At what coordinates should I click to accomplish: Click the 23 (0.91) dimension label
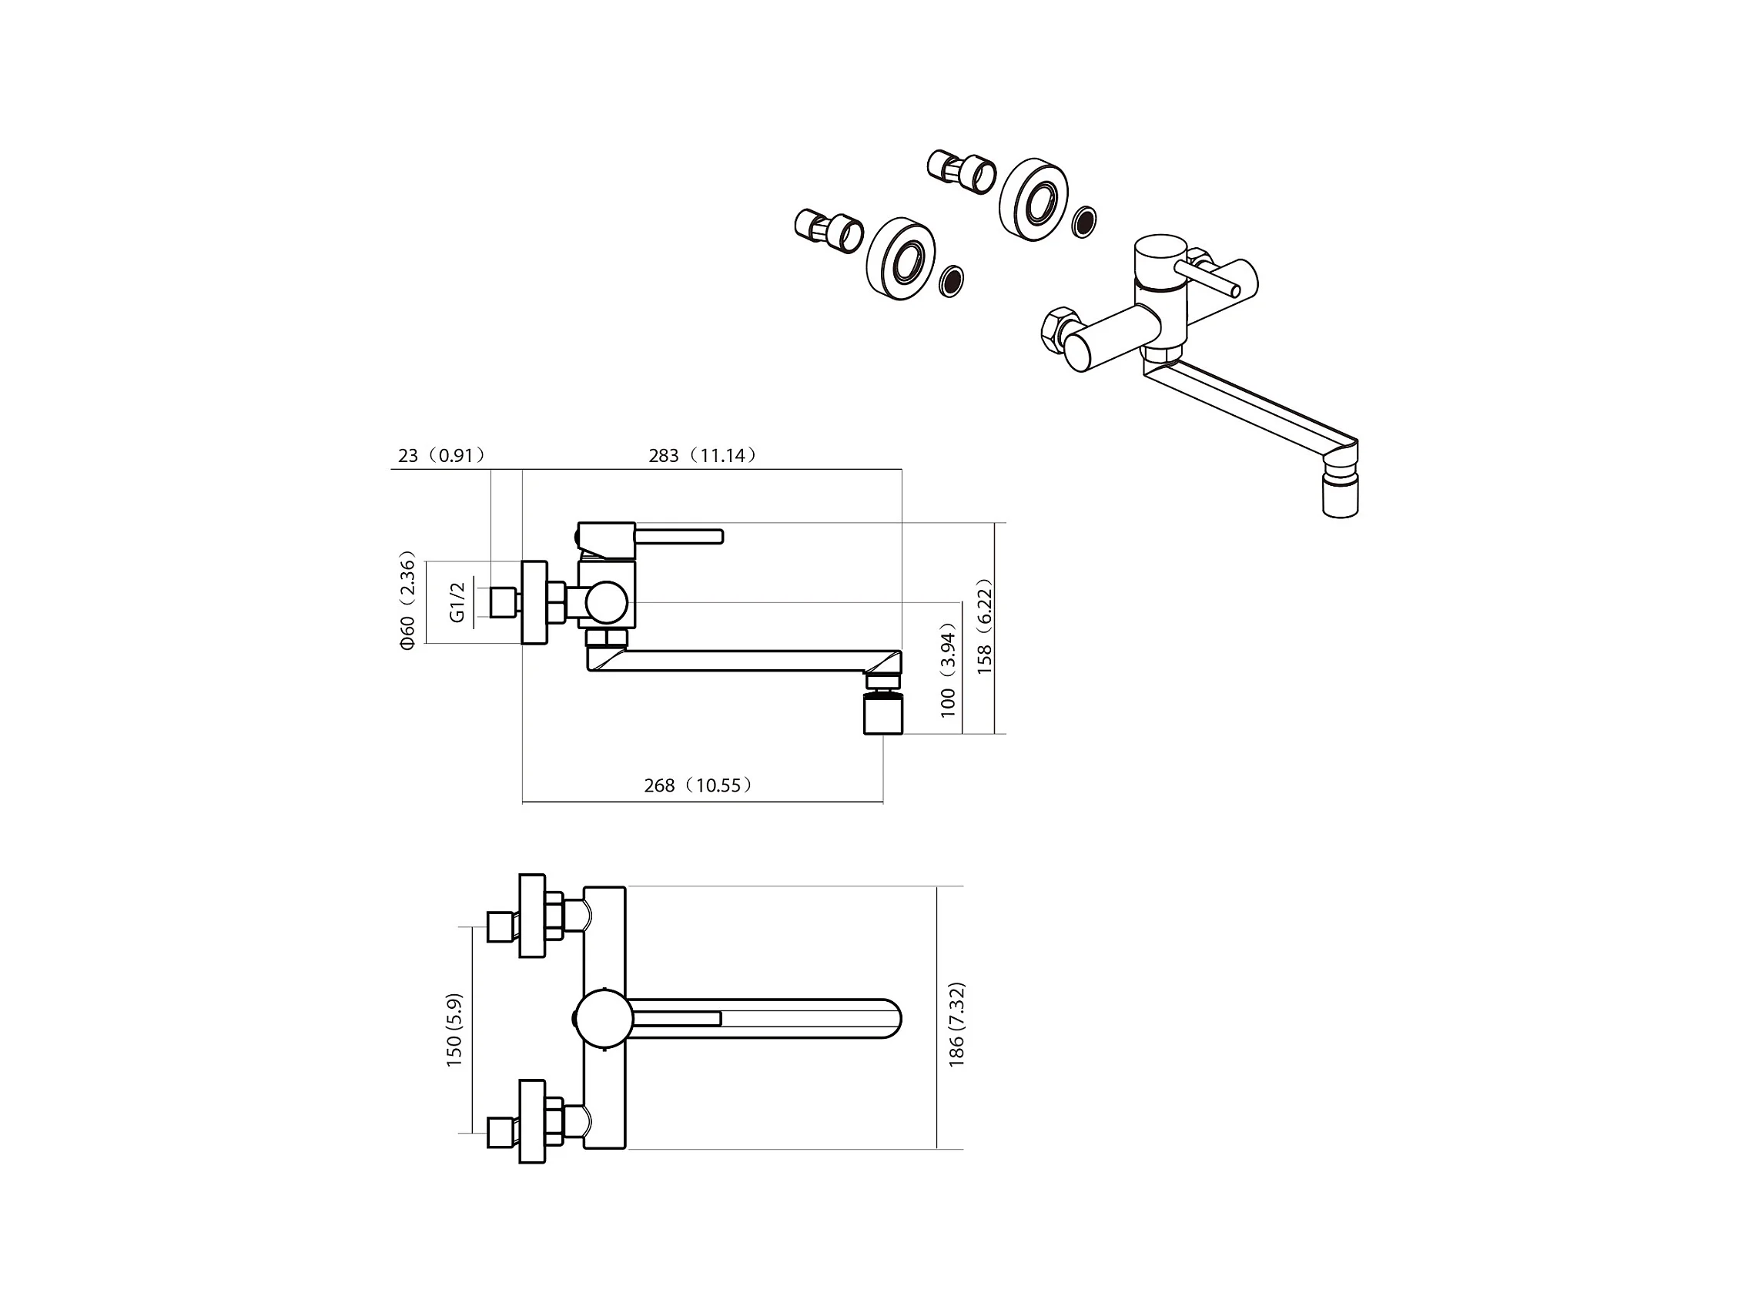tap(441, 455)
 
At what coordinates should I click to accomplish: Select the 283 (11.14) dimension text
tap(702, 455)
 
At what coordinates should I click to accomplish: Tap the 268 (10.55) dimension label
tap(698, 785)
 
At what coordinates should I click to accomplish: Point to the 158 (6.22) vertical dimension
tap(984, 627)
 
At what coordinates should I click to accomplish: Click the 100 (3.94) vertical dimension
tap(949, 669)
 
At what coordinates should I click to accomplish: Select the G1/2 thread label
tap(457, 602)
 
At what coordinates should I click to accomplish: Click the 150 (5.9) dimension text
tap(454, 1030)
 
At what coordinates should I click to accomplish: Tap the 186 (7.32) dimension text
tap(956, 1024)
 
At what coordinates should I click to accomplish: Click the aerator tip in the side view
tap(882, 712)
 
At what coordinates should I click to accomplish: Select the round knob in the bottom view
tap(604, 1018)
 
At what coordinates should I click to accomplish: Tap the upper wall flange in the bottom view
tap(533, 916)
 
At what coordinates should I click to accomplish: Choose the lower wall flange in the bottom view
tap(533, 1121)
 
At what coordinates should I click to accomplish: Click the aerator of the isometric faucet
tap(1340, 497)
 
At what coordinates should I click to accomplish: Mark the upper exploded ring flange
tap(1034, 199)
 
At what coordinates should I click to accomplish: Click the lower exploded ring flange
tap(901, 258)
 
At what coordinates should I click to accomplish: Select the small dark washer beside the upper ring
tap(1084, 222)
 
